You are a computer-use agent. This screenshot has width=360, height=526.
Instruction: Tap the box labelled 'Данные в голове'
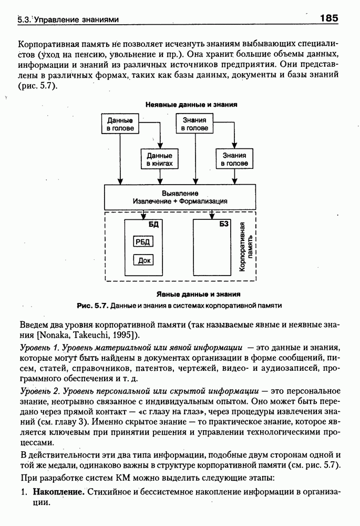[x=120, y=125]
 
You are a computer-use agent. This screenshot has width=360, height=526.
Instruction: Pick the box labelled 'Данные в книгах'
[x=159, y=159]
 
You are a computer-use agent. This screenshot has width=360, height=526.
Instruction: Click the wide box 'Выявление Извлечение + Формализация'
[x=180, y=197]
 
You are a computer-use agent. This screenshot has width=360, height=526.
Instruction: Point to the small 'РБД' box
[x=142, y=242]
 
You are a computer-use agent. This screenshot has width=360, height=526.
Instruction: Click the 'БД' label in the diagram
[x=153, y=225]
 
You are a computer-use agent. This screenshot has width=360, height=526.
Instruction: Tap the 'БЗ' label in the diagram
[x=223, y=225]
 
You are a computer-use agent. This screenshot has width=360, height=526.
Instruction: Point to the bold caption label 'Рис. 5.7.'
[x=93, y=305]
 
